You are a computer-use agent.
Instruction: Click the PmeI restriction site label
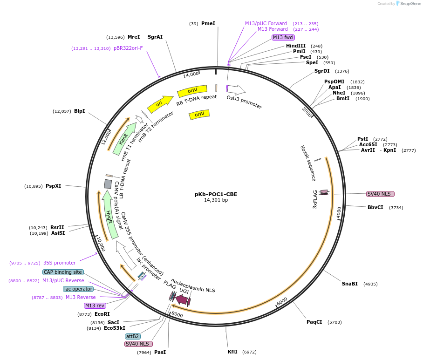tap(208, 23)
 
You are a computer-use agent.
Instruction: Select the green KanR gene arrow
tap(124, 139)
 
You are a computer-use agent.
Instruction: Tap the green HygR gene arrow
tap(109, 215)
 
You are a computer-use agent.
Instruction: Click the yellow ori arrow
tap(160, 104)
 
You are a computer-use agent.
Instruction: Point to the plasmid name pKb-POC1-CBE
tap(216, 194)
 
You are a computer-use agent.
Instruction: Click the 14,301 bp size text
tap(216, 200)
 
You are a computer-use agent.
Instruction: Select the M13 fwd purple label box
tap(283, 37)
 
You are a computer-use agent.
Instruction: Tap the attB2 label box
tap(132, 336)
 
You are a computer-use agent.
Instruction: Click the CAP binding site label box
tap(63, 272)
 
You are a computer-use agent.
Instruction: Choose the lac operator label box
tap(78, 289)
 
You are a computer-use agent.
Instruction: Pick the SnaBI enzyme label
tap(349, 284)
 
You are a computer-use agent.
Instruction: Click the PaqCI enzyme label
tap(314, 322)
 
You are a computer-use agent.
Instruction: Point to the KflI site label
tap(232, 352)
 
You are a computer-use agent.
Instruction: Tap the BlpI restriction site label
tap(80, 111)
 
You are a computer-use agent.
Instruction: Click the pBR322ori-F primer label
tap(128, 48)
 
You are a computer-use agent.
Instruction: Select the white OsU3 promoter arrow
tap(236, 89)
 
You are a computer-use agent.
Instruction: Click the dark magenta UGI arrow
tap(182, 299)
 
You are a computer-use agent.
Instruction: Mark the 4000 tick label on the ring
tap(339, 212)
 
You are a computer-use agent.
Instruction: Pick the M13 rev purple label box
tap(95, 306)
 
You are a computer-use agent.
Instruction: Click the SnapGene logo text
tap(410, 4)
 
